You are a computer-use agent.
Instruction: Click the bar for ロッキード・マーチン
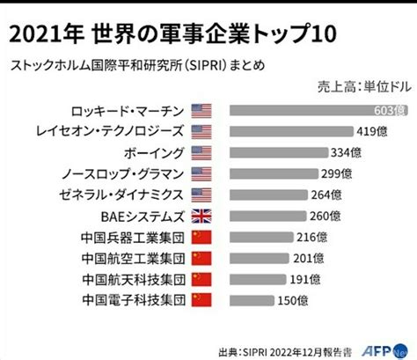[318, 111]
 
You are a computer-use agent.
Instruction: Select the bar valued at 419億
[291, 131]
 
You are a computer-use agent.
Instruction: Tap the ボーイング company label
[154, 153]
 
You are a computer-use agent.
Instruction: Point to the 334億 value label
[346, 152]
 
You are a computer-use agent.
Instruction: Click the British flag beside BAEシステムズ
[201, 217]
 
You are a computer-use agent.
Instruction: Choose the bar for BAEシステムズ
[268, 217]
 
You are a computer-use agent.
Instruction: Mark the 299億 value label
[336, 173]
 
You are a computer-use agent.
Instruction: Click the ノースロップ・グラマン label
[122, 174]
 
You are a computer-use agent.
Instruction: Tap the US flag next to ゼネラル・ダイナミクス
[201, 195]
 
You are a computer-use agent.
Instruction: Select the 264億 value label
[326, 195]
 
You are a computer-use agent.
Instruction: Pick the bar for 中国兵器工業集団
[261, 237]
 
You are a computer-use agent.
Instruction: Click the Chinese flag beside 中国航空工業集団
[201, 259]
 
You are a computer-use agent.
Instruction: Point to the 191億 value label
[305, 279]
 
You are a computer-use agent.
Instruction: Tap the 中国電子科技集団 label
[134, 300]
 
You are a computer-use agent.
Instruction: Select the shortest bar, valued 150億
[252, 300]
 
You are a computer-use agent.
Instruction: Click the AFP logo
[384, 350]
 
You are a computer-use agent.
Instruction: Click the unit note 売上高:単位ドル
[364, 87]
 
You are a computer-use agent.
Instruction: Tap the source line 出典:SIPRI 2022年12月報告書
[285, 352]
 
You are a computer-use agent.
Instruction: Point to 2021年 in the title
[47, 34]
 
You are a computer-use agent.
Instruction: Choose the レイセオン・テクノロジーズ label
[110, 131]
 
